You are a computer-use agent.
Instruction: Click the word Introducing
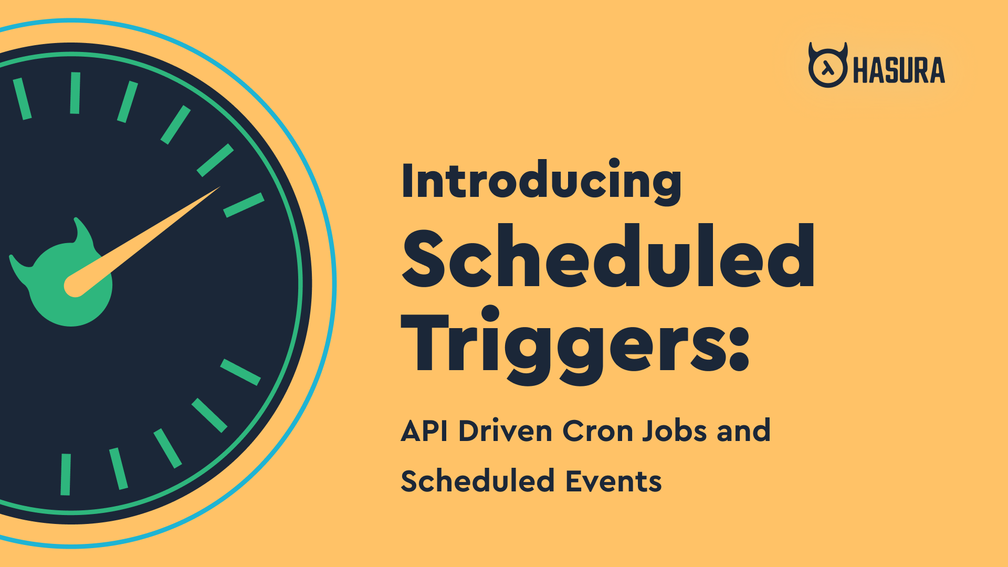point(541,182)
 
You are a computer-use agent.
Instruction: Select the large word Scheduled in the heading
point(608,256)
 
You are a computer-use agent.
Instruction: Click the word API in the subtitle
point(424,432)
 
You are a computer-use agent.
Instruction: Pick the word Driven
point(506,431)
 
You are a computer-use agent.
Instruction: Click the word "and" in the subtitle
point(743,431)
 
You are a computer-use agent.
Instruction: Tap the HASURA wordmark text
point(899,70)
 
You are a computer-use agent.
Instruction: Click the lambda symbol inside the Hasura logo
point(827,68)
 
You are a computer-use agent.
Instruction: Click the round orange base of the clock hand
point(75,286)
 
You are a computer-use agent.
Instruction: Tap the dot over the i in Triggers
point(490,313)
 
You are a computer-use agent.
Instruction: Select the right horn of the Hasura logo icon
point(843,50)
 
